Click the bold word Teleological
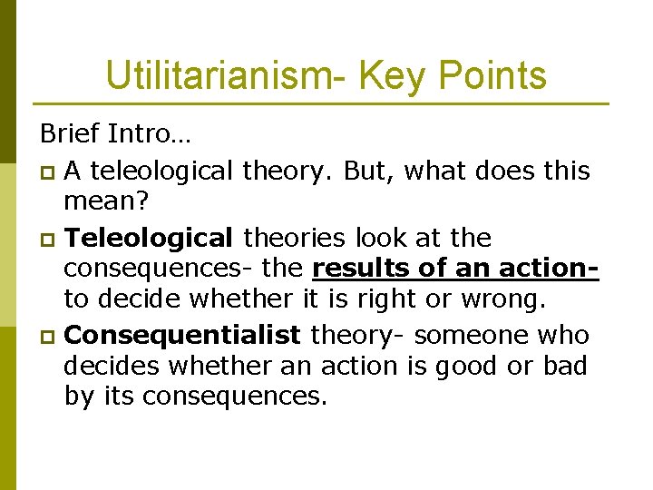(x=151, y=239)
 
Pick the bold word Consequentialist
(x=183, y=336)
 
